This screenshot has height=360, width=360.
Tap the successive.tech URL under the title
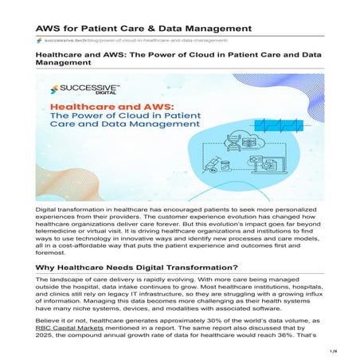point(135,40)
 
